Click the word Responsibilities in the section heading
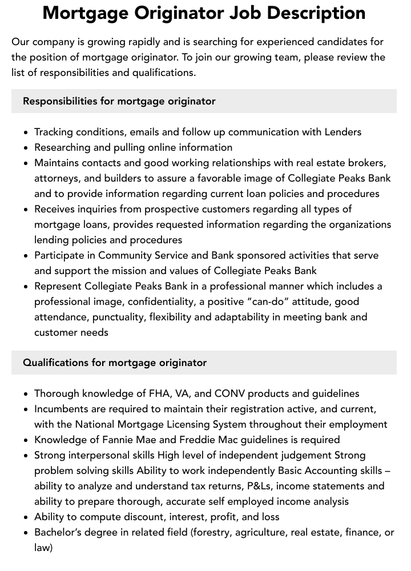click(x=60, y=101)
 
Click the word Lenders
click(x=343, y=132)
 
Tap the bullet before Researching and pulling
click(x=26, y=147)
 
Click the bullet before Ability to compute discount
click(x=26, y=517)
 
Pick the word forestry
click(x=213, y=532)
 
